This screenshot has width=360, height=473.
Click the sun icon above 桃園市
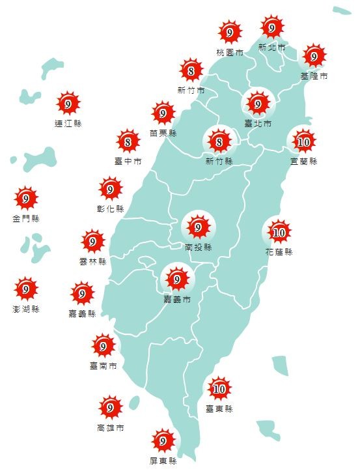tap(230, 32)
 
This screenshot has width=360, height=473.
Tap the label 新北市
tap(271, 47)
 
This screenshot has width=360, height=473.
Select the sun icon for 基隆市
tap(314, 57)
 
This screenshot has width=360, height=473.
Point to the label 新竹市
tap(191, 90)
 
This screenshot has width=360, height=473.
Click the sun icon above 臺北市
tap(258, 104)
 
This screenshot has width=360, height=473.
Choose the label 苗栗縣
tap(163, 133)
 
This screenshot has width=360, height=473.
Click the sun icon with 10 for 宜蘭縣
tap(303, 141)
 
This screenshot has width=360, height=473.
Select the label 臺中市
tap(128, 160)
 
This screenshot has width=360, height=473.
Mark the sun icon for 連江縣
tap(68, 103)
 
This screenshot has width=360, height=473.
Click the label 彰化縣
tap(110, 209)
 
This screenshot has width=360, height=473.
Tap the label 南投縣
tap(198, 247)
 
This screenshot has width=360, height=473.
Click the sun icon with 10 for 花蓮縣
tap(279, 231)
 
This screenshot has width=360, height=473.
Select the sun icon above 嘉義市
tap(176, 279)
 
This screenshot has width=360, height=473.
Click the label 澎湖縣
tap(25, 309)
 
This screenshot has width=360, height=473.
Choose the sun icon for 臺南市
tap(103, 345)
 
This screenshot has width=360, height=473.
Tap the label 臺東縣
tap(219, 409)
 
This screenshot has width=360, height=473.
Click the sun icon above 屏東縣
tap(163, 440)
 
